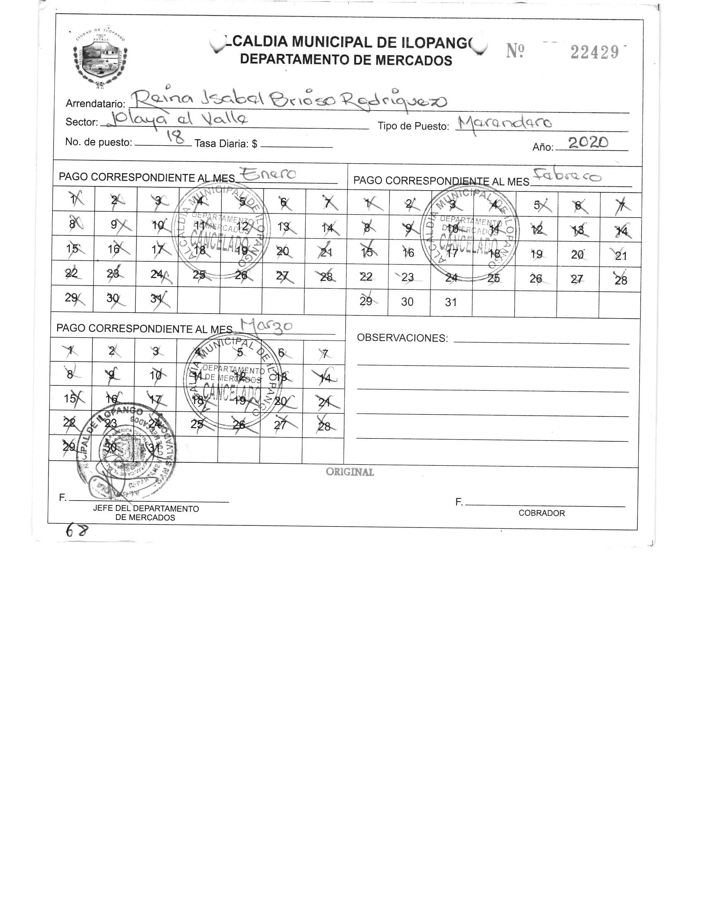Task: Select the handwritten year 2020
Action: pos(588,143)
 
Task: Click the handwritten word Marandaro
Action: pos(504,123)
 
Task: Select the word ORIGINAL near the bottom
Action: pos(350,472)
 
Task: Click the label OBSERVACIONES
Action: pos(402,338)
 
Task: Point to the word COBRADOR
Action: pos(542,513)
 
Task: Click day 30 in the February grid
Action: pos(407,302)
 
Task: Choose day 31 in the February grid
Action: pos(450,302)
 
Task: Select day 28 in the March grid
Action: pos(324,426)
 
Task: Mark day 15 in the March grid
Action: pos(70,399)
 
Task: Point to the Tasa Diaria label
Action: pos(226,144)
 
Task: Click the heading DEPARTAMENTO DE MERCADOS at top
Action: pos(346,60)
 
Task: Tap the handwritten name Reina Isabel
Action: pos(195,99)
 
